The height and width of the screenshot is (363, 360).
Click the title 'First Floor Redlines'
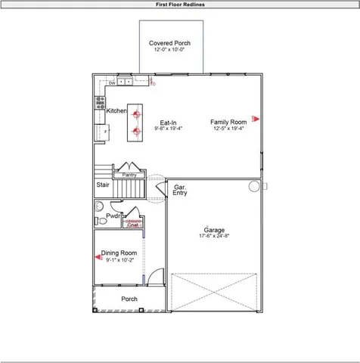[x=179, y=4]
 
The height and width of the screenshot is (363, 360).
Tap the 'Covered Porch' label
[x=169, y=43]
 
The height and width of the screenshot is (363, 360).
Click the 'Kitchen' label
[x=116, y=111]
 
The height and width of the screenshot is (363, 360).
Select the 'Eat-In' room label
[x=168, y=122]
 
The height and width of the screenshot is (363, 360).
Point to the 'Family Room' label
[x=228, y=122]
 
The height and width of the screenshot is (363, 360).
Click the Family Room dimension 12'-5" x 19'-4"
[x=228, y=129]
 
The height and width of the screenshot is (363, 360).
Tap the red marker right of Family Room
[x=256, y=118]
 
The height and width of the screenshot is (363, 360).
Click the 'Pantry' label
[x=129, y=175]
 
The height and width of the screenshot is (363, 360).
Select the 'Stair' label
[x=102, y=184]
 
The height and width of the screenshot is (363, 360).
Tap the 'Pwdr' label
[x=113, y=216]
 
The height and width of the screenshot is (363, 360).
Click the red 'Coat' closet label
[x=132, y=225]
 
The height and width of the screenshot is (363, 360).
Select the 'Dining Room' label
[x=119, y=253]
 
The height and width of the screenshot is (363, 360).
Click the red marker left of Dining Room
[x=98, y=257]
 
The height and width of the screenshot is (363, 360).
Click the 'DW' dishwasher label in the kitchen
[x=111, y=83]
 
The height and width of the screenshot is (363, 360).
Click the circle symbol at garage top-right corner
[x=255, y=186]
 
